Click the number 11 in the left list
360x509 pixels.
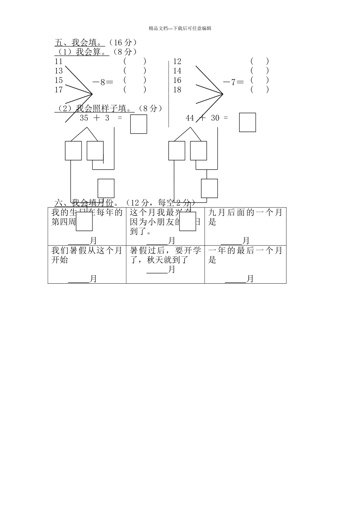click(58, 61)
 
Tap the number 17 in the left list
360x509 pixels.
click(58, 90)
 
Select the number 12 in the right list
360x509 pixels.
click(177, 61)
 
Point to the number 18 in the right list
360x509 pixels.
click(177, 90)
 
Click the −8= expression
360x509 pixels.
click(103, 81)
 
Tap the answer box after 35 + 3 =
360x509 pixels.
click(139, 124)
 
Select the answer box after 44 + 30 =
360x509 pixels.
click(247, 122)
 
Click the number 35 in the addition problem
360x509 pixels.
click(84, 118)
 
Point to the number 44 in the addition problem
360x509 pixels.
click(190, 118)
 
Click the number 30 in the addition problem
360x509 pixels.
click(215, 118)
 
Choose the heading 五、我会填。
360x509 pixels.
click(80, 42)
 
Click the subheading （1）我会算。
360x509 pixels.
click(82, 52)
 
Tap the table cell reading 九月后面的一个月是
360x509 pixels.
click(245, 226)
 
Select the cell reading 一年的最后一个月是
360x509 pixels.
click(245, 264)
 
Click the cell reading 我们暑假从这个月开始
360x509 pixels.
click(87, 264)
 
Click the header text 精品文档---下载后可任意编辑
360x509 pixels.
click(180, 28)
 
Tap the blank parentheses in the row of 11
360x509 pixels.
click(135, 61)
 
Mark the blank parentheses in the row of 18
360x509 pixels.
click(260, 89)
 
